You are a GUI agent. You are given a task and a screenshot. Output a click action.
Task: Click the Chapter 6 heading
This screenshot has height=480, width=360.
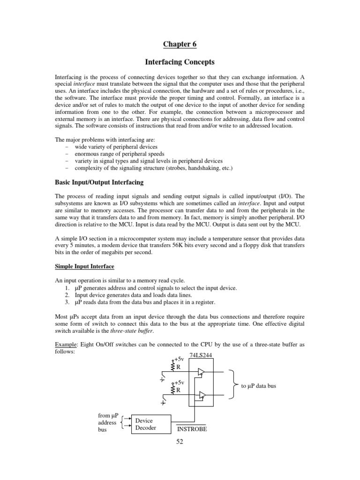(180, 45)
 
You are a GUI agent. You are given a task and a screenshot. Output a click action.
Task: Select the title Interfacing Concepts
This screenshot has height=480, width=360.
(180, 62)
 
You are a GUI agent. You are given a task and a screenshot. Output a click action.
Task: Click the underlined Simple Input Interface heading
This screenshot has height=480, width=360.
(84, 266)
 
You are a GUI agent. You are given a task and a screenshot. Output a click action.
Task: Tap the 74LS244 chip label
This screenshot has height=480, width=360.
(200, 355)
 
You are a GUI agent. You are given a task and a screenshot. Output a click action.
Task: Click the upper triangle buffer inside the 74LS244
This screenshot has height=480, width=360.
(201, 372)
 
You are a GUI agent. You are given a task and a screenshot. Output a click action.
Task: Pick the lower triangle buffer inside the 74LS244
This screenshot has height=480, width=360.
(201, 396)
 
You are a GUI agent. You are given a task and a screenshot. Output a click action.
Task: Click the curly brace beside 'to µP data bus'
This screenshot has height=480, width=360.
(232, 384)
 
